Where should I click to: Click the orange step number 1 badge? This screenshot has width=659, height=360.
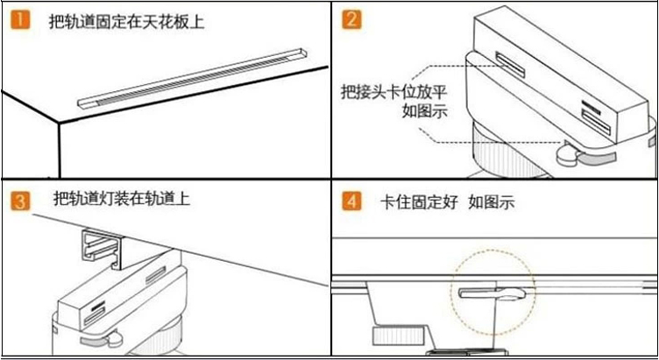point(20,19)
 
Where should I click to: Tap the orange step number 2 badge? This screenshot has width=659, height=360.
point(351,19)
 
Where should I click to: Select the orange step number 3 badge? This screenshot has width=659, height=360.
point(20,201)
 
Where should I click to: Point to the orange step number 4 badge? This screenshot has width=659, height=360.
point(351,201)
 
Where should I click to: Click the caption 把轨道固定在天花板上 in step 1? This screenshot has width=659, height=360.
point(126,20)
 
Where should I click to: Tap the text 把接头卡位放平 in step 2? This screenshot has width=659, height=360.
point(383,92)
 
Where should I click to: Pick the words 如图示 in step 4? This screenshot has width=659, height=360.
point(492,202)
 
